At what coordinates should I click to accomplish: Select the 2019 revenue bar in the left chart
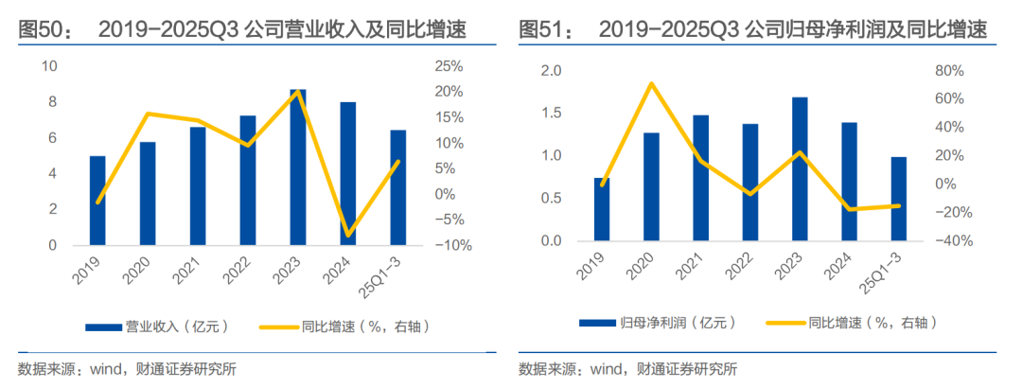97,201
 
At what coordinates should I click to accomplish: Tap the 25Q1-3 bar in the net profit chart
898,199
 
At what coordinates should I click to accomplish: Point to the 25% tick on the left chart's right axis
449,66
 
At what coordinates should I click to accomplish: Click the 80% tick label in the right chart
949,71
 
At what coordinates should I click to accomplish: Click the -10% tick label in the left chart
446,245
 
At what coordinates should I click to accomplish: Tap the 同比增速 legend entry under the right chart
855,323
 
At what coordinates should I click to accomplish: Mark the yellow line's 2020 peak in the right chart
651,83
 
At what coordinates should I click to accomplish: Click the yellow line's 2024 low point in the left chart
347,235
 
